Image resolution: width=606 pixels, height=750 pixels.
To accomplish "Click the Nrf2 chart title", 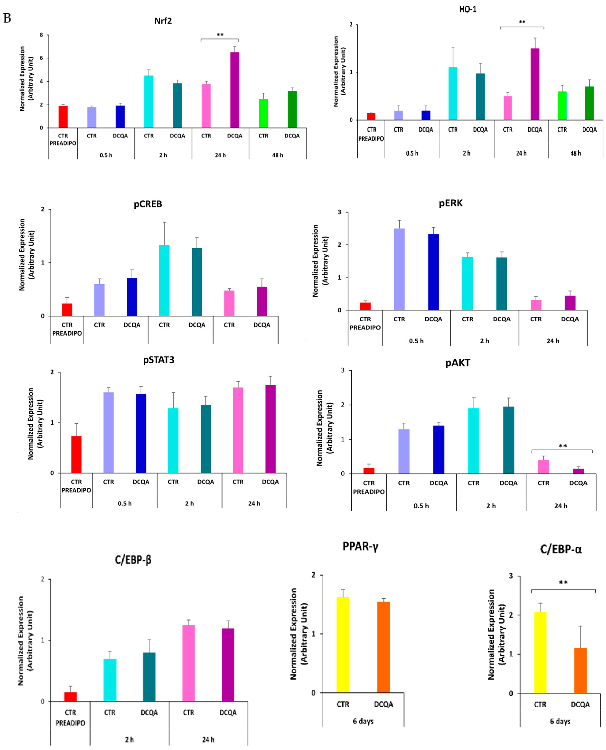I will click(x=163, y=21).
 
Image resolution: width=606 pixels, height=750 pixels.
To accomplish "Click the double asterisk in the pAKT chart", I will click(x=563, y=446).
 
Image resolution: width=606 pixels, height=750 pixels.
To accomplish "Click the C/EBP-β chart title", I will click(x=133, y=560).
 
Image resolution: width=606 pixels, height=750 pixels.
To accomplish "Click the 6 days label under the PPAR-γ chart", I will click(x=363, y=721).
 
